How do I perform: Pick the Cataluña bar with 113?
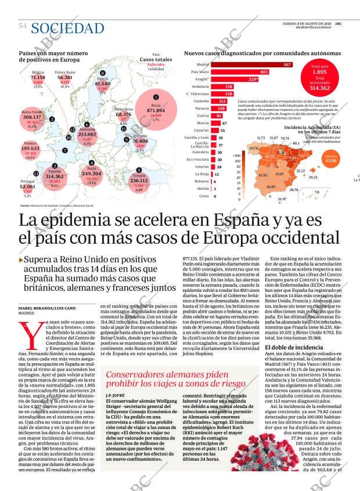(219, 101)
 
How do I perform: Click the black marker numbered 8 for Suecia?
(102, 73)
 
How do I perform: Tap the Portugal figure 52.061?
(27, 187)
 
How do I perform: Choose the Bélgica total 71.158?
(38, 77)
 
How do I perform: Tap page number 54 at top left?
(23, 26)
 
